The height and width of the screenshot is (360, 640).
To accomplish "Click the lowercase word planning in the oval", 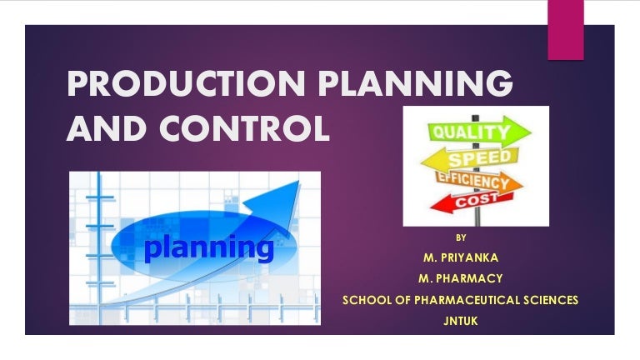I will (209, 247).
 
